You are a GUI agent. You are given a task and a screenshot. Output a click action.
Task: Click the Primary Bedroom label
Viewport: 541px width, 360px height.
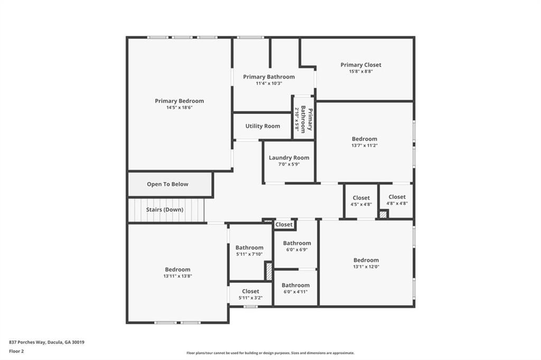click(x=179, y=101)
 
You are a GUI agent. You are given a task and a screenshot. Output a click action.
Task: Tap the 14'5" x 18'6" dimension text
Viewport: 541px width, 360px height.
click(x=179, y=108)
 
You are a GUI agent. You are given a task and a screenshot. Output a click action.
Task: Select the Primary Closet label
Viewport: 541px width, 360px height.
click(x=361, y=65)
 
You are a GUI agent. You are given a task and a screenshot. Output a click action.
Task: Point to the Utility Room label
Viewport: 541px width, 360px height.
click(x=263, y=126)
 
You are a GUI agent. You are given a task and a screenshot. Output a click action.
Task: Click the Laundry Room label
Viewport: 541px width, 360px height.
click(x=289, y=158)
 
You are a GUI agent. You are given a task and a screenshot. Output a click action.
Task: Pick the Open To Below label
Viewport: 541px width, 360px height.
click(x=167, y=184)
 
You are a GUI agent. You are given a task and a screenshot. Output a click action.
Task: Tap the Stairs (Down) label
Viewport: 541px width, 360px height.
click(x=165, y=210)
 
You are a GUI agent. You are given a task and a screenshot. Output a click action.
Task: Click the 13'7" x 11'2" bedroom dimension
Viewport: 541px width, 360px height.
click(x=365, y=146)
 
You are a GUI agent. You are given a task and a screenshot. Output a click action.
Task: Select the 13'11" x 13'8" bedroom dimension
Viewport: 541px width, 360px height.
click(x=178, y=276)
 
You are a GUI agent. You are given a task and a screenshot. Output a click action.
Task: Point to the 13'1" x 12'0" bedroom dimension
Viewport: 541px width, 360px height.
click(x=366, y=267)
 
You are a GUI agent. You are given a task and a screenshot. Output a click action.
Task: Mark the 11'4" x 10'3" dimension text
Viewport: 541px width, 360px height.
click(x=269, y=83)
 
